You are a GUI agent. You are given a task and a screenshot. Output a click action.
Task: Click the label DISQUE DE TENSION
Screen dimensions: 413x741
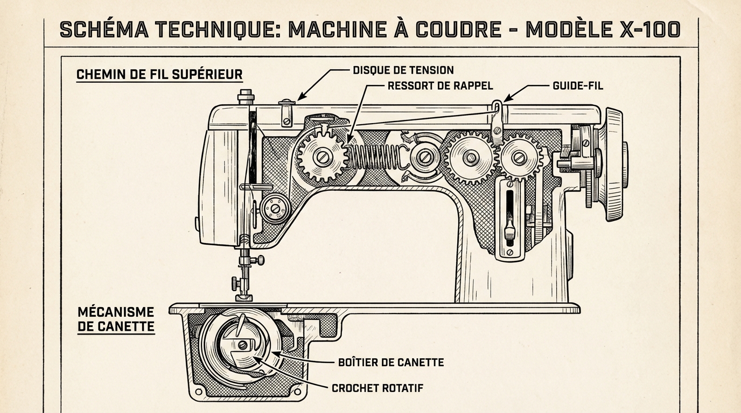click(x=403, y=70)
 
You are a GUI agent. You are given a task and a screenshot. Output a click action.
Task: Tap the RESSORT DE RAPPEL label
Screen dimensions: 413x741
click(x=440, y=86)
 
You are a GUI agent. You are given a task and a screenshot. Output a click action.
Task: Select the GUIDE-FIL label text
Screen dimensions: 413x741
click(x=578, y=86)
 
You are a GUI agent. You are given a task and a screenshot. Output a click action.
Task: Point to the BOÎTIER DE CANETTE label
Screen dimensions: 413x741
click(x=390, y=362)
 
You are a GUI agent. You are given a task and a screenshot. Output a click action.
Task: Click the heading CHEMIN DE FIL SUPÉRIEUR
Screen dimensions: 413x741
click(x=159, y=74)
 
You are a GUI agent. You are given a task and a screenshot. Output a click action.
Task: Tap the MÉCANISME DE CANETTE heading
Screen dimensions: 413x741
click(x=116, y=319)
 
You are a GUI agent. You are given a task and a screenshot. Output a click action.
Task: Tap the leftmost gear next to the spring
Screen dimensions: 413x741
click(x=322, y=157)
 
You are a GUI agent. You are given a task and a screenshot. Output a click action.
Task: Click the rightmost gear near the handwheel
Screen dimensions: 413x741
click(x=519, y=157)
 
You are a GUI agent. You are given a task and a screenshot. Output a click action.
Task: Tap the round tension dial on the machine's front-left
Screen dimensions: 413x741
click(x=276, y=208)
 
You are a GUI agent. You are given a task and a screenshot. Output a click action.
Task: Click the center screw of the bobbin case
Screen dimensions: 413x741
click(x=243, y=345)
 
